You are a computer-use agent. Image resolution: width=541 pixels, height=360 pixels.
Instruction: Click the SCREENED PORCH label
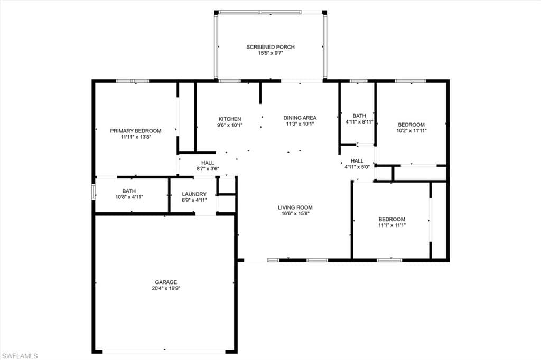coord(270,47)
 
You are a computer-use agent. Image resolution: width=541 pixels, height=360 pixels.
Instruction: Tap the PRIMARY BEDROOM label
coord(136,131)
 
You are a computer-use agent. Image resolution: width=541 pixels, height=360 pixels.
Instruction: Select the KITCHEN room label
coord(230,119)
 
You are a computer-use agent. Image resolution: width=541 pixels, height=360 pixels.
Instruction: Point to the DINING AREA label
coord(300,118)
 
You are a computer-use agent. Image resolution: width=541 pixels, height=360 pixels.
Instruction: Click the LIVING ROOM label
coord(295,207)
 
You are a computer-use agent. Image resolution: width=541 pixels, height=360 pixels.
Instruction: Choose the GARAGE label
coord(166,282)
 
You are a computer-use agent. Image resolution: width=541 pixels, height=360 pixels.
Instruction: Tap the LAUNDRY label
coord(194,194)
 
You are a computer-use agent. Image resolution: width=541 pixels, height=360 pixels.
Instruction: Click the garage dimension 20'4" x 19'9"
coord(166,289)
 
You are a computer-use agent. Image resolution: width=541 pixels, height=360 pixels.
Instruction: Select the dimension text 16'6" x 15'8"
coord(295,214)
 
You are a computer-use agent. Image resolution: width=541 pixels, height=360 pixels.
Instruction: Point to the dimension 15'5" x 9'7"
coord(270,53)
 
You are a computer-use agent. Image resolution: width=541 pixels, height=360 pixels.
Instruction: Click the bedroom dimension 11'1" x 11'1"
coord(392,225)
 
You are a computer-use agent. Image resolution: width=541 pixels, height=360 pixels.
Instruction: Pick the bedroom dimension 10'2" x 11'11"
coord(412,131)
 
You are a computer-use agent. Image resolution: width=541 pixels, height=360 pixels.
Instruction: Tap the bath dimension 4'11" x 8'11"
coord(359,122)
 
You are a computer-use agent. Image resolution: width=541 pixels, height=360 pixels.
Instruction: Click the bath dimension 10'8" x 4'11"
coord(129,197)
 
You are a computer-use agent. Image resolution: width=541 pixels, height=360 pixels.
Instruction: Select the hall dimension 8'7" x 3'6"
coord(208,169)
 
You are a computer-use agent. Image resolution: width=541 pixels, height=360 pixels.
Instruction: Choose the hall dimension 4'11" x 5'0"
coord(357,167)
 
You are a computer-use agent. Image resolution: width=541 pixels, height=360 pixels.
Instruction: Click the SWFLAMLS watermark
coord(20,356)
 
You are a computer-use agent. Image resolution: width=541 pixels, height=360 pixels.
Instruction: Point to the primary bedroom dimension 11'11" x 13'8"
coord(136,137)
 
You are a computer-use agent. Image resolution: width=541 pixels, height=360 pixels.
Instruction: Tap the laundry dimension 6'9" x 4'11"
coord(194,201)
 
